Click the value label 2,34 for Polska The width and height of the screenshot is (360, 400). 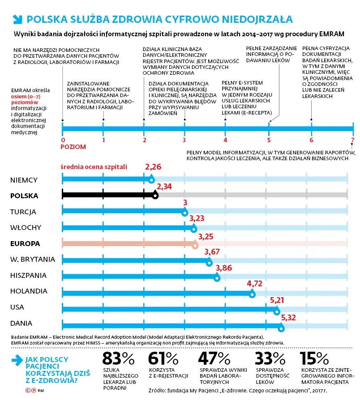(164, 187)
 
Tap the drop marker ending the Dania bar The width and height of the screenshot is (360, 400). (281, 328)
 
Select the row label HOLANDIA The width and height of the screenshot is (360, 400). (29, 291)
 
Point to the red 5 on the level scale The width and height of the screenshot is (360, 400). (269, 140)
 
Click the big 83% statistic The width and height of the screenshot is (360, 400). (118, 358)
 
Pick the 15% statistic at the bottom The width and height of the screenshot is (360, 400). (314, 358)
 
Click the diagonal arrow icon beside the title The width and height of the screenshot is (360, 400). (17, 20)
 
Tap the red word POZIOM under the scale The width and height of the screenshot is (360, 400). (73, 147)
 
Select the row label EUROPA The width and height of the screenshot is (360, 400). (25, 243)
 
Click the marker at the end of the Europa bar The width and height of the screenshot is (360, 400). (195, 245)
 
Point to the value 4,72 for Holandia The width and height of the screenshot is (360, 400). (255, 284)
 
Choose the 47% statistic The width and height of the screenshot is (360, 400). (214, 358)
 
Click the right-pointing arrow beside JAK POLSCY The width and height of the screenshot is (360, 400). (17, 360)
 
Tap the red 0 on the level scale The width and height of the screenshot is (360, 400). (63, 140)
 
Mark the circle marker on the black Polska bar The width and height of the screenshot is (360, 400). (155, 196)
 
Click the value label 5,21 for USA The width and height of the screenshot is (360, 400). (277, 300)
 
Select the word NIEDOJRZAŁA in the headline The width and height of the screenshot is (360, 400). (257, 19)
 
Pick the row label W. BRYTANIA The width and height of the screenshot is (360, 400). (33, 260)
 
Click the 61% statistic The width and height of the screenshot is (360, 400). (163, 358)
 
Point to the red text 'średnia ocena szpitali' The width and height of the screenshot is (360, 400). (94, 167)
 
